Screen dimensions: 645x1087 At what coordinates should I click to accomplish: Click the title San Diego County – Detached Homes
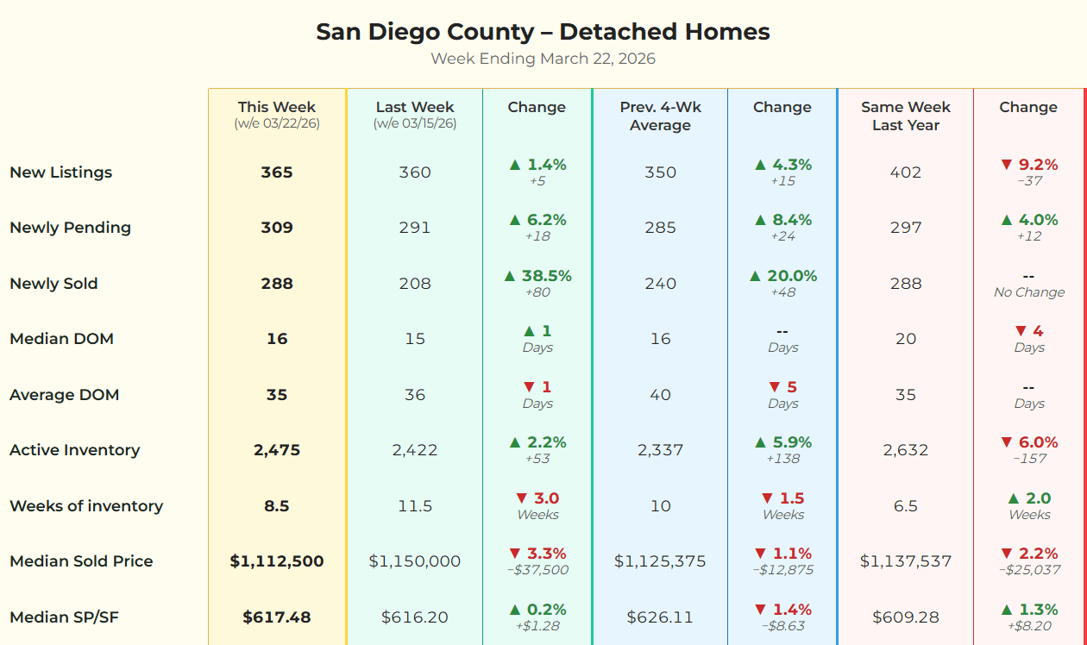click(543, 32)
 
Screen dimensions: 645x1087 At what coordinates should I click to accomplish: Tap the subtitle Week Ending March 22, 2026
click(543, 59)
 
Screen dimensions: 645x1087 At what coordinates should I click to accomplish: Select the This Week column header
click(277, 108)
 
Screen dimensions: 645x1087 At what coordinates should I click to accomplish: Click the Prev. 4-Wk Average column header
click(660, 116)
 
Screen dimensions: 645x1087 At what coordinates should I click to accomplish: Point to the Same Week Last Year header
click(905, 116)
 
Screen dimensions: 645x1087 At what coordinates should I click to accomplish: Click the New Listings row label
click(60, 172)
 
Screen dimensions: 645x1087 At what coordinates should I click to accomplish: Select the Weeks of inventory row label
click(86, 506)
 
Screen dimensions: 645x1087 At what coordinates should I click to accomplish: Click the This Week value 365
click(277, 172)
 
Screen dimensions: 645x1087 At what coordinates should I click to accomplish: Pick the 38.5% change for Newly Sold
click(537, 276)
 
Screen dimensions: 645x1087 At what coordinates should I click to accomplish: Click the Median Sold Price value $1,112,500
click(277, 561)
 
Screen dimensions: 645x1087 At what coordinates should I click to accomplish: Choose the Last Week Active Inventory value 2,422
click(415, 450)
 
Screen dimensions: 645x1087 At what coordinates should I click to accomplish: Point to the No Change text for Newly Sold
click(1028, 292)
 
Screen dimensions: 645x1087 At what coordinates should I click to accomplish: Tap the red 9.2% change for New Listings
click(1028, 165)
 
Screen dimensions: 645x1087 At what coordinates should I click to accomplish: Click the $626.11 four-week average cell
click(660, 617)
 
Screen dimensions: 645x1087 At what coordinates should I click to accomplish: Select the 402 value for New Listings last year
click(905, 172)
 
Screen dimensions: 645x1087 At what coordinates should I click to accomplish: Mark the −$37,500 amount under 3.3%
click(537, 570)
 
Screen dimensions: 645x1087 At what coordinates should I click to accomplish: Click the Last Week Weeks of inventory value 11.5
click(415, 506)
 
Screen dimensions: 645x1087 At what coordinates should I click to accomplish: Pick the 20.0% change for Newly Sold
click(782, 276)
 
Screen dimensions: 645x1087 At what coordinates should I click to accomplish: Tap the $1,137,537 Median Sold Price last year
click(905, 561)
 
